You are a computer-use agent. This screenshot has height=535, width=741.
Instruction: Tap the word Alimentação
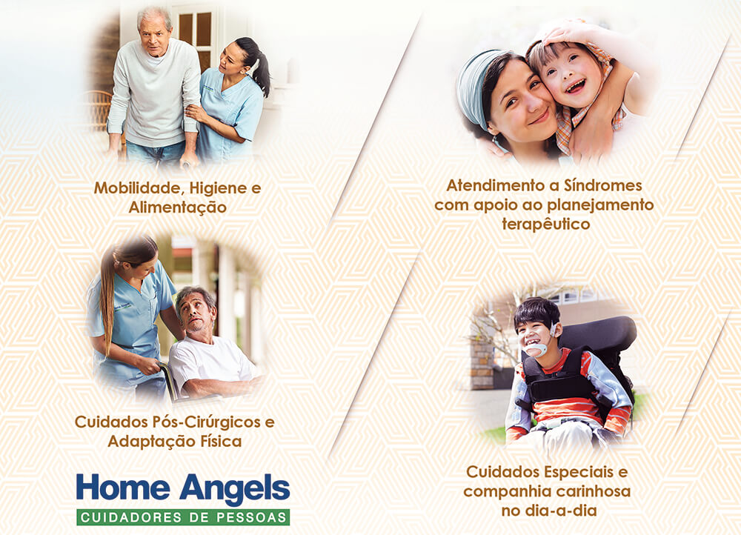click(178, 207)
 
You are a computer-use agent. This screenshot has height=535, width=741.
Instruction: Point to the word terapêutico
click(546, 224)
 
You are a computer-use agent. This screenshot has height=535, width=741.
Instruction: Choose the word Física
click(221, 441)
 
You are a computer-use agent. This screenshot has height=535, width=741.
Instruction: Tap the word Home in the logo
click(123, 487)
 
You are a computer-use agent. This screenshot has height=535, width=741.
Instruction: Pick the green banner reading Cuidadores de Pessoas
click(183, 517)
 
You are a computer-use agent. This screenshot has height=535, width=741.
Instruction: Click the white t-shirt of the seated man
click(208, 362)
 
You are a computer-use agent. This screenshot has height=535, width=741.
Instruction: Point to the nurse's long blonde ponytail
click(107, 302)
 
